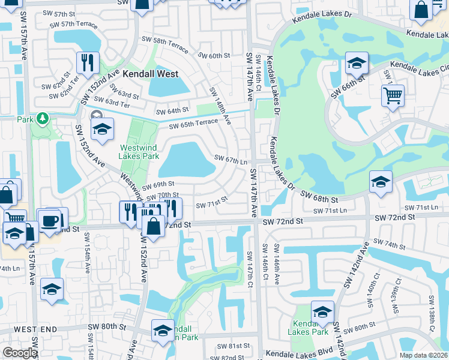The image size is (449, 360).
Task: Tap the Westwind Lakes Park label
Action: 139,152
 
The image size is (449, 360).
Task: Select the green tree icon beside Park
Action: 43,118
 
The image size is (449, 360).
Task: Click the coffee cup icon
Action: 50,220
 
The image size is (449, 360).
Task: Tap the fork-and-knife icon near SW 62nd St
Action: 88,62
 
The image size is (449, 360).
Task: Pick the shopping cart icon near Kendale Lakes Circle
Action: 392,95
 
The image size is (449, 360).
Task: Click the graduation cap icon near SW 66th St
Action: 357,63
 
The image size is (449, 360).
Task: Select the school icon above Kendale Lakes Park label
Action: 322,311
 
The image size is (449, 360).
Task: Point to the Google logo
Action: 20,353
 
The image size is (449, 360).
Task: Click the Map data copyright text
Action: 423,355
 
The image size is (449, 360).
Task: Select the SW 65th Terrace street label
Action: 193,124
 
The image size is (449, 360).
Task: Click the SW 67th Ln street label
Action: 232,160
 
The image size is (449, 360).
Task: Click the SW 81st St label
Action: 234,346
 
